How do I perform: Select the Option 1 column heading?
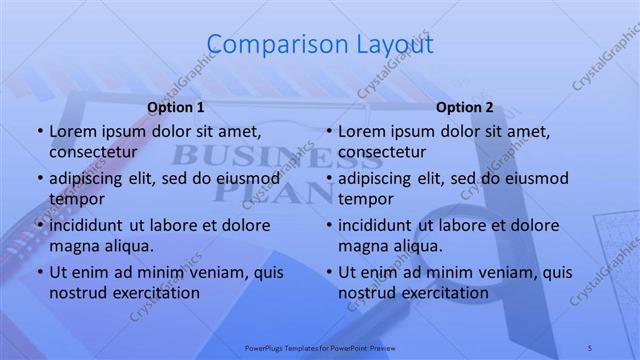[x=176, y=107]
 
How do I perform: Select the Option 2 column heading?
[x=465, y=107]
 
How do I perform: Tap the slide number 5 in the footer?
[x=590, y=346]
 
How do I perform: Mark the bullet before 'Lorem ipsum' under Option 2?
[x=328, y=132]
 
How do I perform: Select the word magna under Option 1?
[x=72, y=245]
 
